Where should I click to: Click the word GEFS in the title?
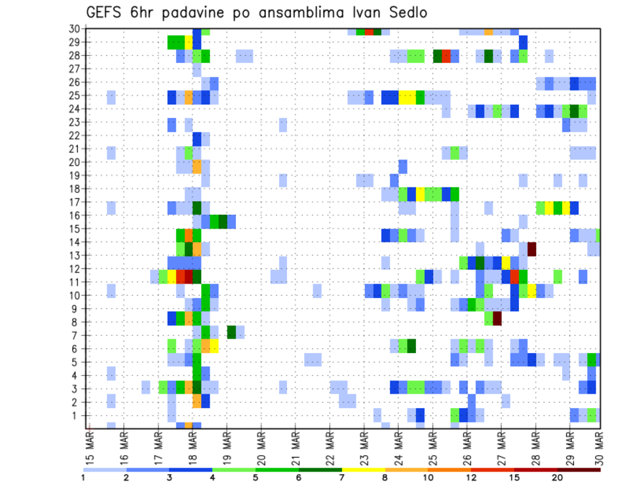105,14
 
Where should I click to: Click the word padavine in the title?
199,14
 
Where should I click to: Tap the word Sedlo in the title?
400,14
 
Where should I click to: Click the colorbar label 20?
558,477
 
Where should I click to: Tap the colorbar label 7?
342,477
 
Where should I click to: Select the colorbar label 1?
83,477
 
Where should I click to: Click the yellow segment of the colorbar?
364,470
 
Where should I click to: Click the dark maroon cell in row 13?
532,249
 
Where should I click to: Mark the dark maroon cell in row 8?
497,318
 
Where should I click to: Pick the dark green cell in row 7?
231,332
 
